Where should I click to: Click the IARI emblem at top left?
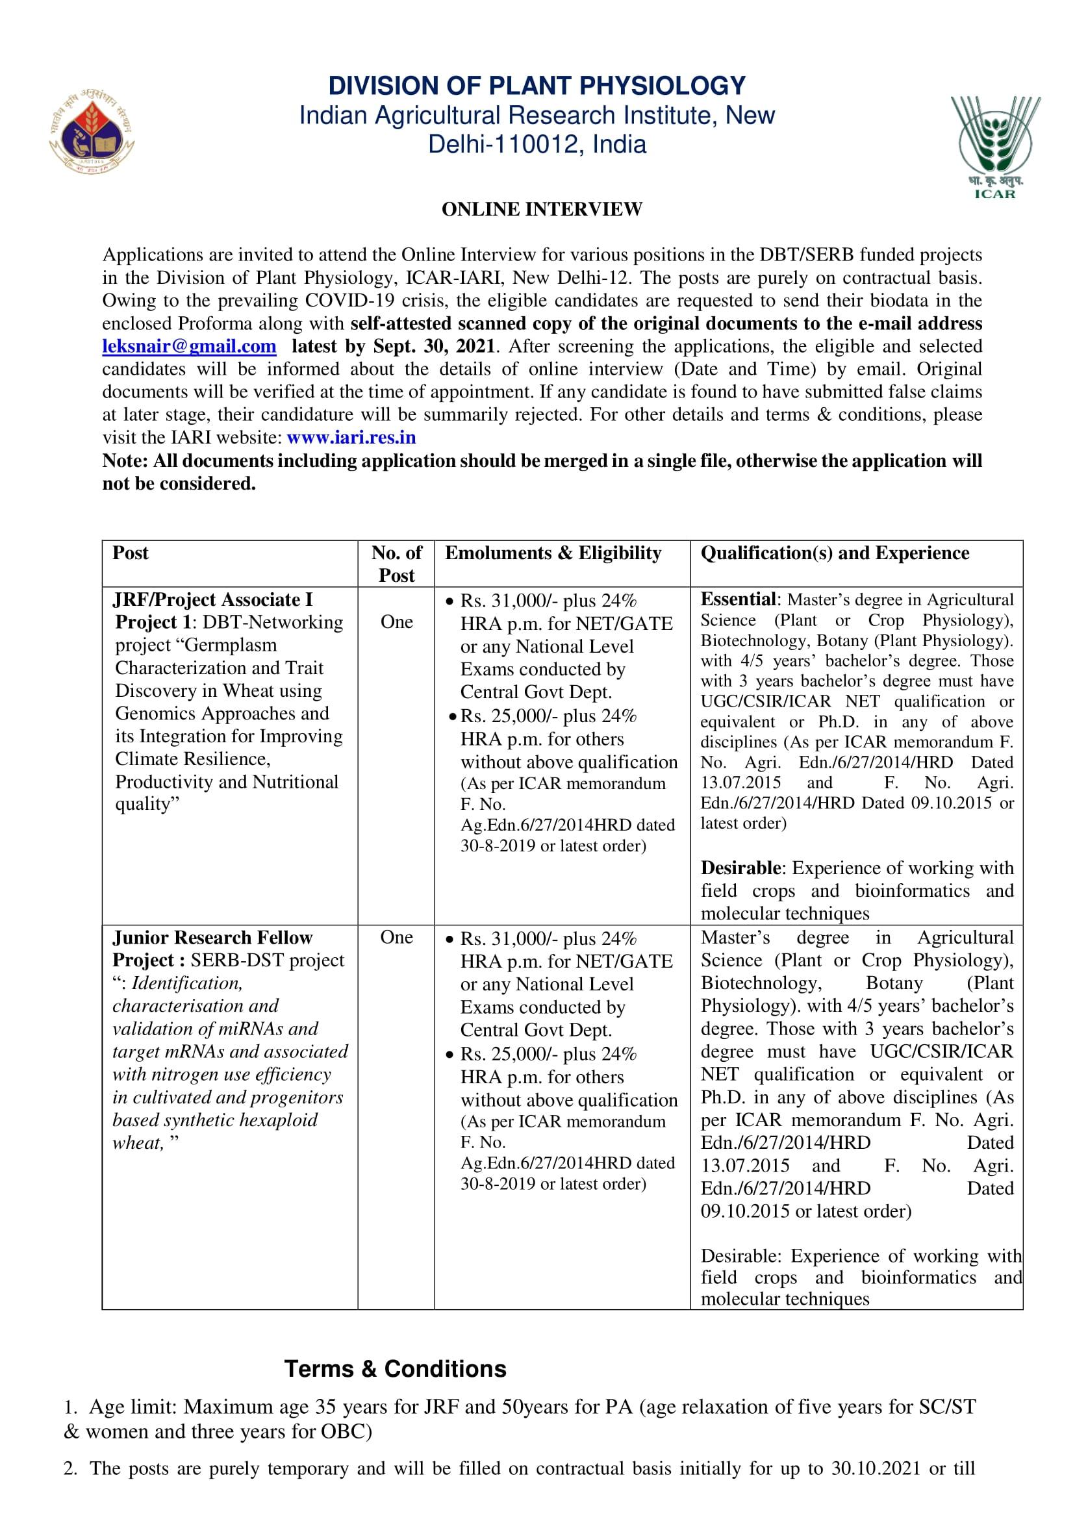93,134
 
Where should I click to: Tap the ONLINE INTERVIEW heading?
542,209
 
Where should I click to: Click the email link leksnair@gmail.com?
189,346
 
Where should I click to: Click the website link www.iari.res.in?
351,438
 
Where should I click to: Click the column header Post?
131,553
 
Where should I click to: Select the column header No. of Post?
396,564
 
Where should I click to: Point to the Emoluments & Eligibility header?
553,553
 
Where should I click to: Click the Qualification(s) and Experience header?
835,553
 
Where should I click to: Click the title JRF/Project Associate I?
212,599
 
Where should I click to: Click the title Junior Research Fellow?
212,937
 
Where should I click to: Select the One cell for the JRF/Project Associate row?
396,621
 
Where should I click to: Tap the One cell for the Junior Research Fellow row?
396,937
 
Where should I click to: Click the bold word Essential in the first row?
738,599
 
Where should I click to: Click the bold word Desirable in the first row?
740,868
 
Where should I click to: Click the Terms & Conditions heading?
395,1369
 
